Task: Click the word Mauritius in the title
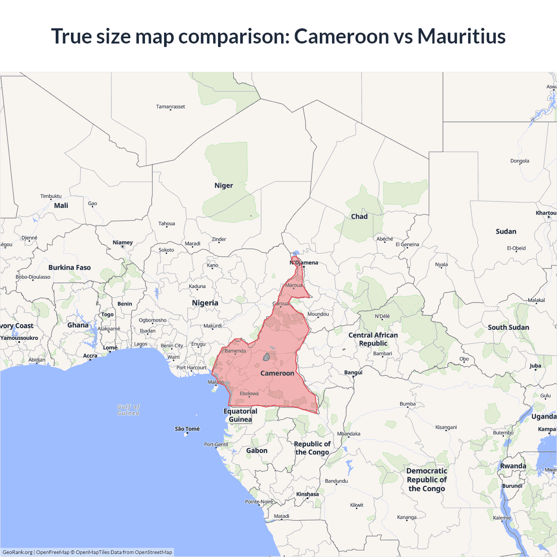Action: tap(461, 36)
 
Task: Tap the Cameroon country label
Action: tap(277, 373)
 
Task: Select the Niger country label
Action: tap(224, 185)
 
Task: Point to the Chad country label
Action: tap(359, 217)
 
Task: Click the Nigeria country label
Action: tap(205, 303)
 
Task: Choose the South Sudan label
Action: tap(508, 327)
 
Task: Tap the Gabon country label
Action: tap(257, 451)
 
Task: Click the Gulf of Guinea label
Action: tap(128, 410)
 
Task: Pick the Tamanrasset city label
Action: tap(171, 107)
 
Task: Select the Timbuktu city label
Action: tap(51, 196)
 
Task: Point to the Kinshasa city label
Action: tap(307, 494)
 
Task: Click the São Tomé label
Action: tap(187, 429)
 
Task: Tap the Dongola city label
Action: tap(520, 161)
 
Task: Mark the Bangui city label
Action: tap(353, 372)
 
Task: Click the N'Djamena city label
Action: tap(304, 263)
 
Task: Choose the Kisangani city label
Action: tap(446, 427)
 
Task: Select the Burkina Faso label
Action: tap(70, 268)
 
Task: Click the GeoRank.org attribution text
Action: tap(17, 552)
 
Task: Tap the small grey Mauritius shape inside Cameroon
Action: tap(266, 357)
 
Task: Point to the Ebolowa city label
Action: tap(249, 393)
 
